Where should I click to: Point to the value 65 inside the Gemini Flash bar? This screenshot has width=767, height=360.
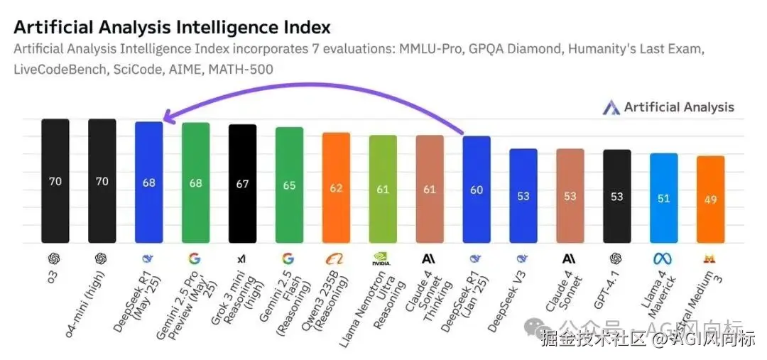pos(290,185)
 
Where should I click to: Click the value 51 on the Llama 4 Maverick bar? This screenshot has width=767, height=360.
pos(663,199)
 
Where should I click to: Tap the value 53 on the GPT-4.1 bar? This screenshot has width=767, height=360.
pos(616,197)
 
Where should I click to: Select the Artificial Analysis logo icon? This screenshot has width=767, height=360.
pos(611,108)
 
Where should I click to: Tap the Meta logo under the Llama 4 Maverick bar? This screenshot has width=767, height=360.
pos(663,258)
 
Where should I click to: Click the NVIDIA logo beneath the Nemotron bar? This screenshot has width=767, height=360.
pos(383,258)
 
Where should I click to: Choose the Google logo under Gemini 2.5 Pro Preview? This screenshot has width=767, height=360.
pos(195,258)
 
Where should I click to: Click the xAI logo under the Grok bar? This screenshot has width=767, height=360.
pos(243,258)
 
